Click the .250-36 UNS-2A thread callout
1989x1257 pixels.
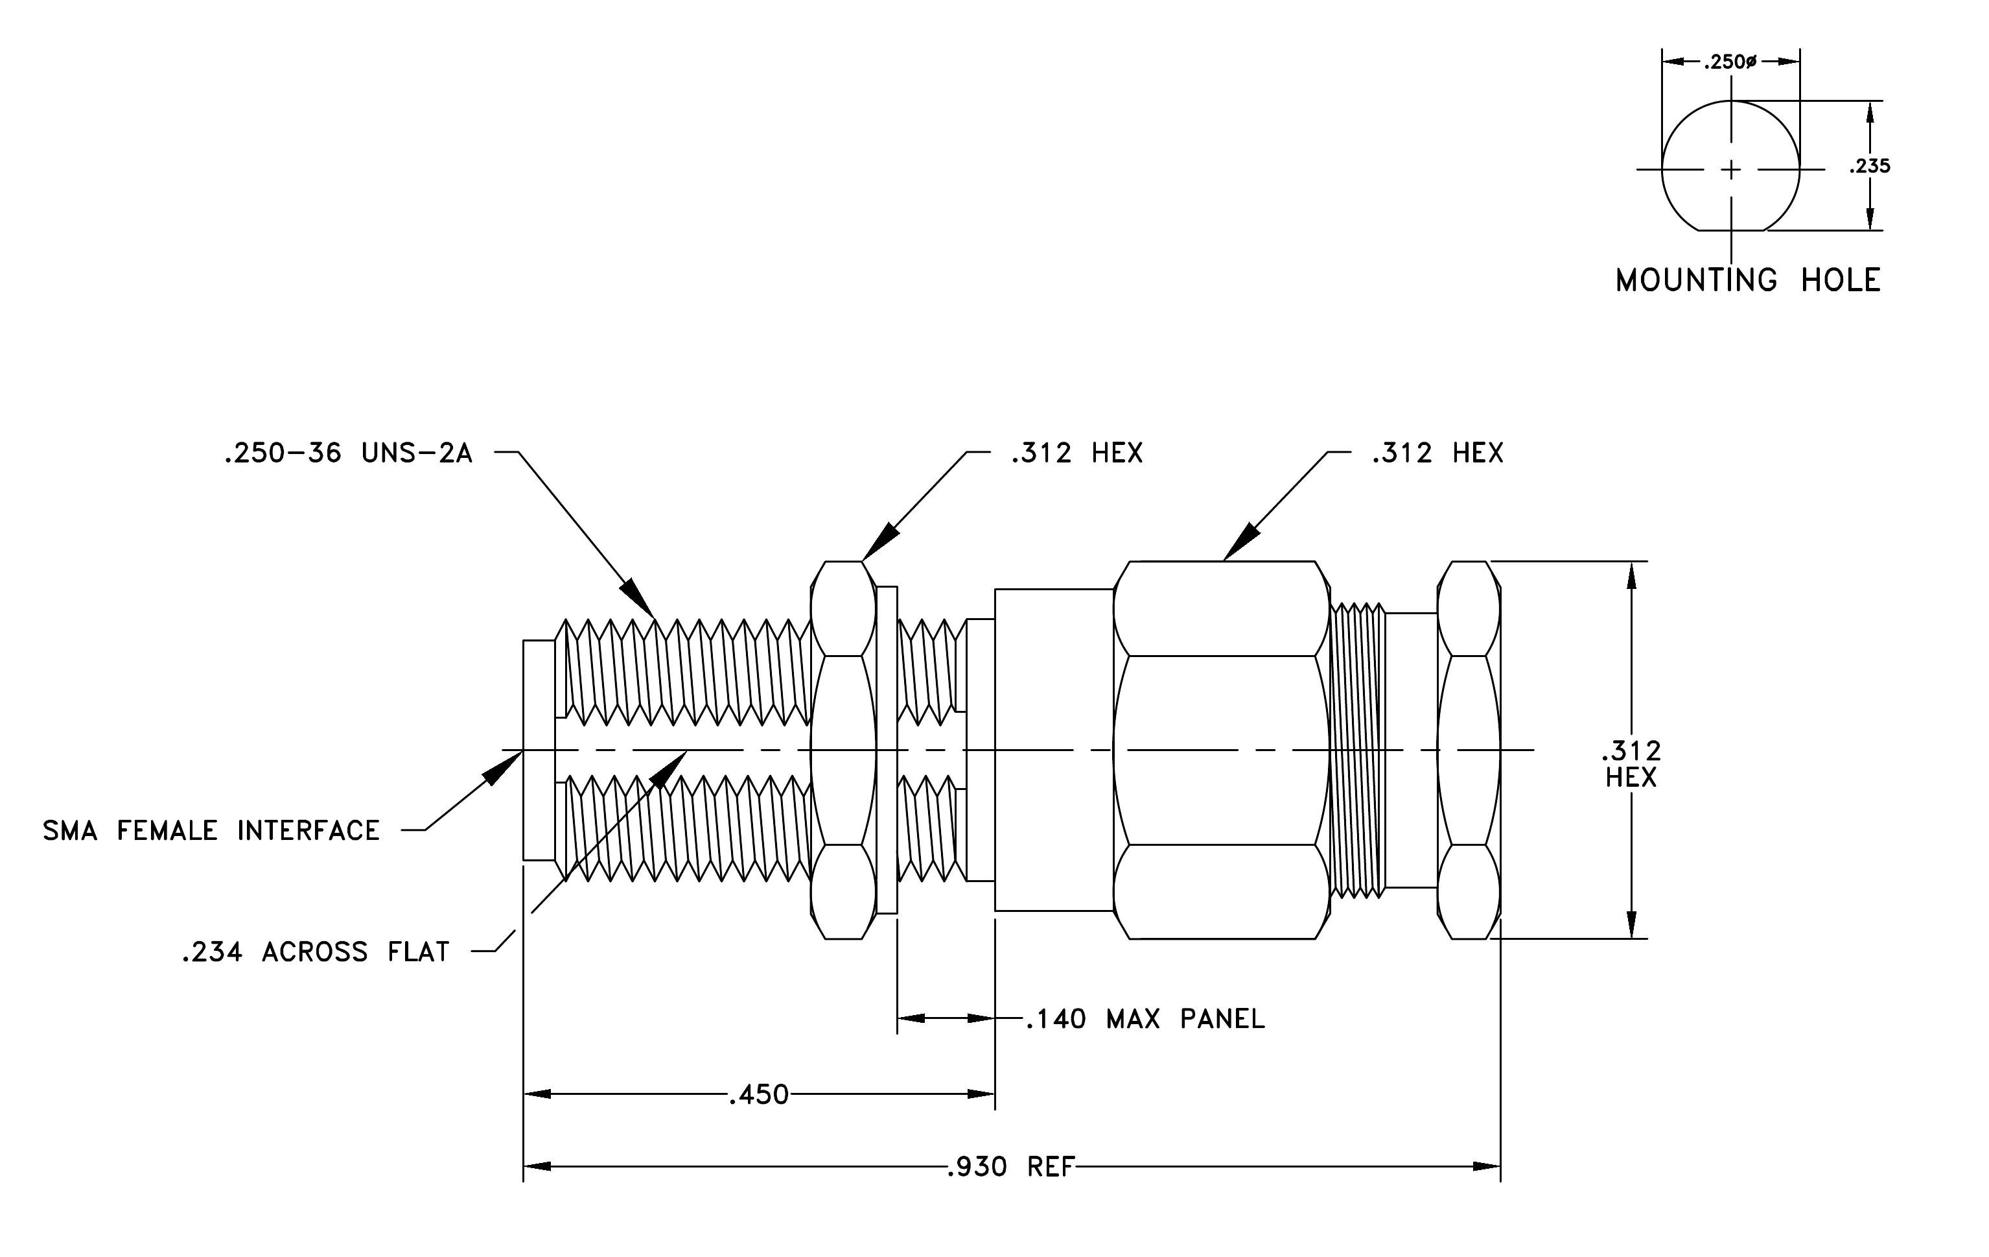[348, 453]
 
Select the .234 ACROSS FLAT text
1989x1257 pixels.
[316, 952]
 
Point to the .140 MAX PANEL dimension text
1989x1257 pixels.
[1145, 1019]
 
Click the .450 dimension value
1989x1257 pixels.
[758, 1095]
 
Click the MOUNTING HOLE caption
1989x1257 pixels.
[1748, 280]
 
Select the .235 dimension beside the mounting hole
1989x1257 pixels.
[1870, 166]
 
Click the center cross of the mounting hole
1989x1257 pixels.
[1730, 169]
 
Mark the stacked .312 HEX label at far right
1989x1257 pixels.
[1631, 763]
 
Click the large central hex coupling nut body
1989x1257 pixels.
[1221, 750]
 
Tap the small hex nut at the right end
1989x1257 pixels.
[1469, 750]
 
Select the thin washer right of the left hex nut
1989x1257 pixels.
[887, 750]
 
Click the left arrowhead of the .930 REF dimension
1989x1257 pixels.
[537, 1166]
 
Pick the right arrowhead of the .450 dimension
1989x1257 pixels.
[981, 1094]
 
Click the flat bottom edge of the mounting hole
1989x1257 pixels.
[1730, 230]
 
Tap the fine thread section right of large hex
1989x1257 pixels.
[1357, 750]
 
